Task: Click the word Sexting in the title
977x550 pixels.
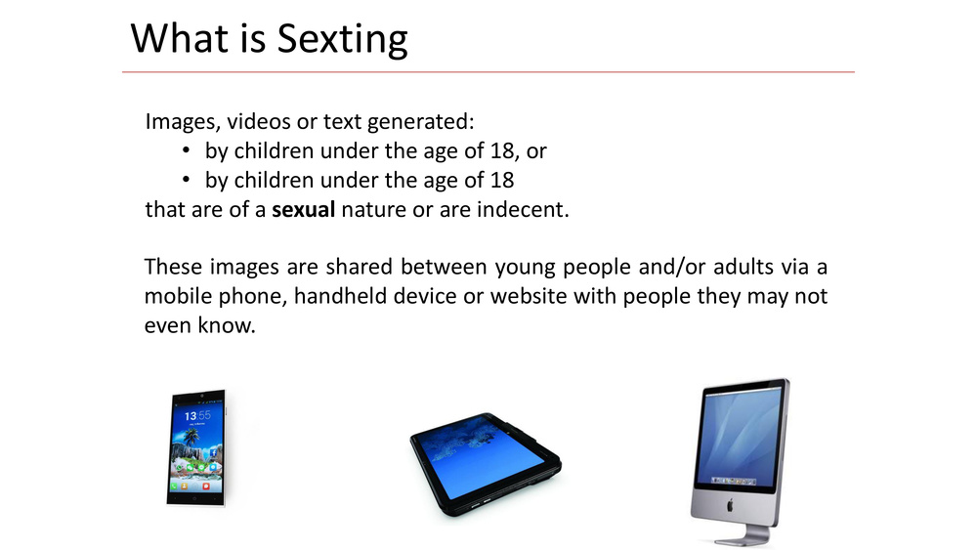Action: point(342,39)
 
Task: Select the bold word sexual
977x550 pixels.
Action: point(304,210)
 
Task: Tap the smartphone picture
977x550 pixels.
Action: point(196,447)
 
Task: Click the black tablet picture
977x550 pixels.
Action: point(486,464)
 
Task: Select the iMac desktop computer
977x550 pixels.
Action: point(741,462)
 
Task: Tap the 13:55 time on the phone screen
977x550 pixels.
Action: point(197,415)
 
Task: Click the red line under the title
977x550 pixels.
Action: point(488,72)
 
